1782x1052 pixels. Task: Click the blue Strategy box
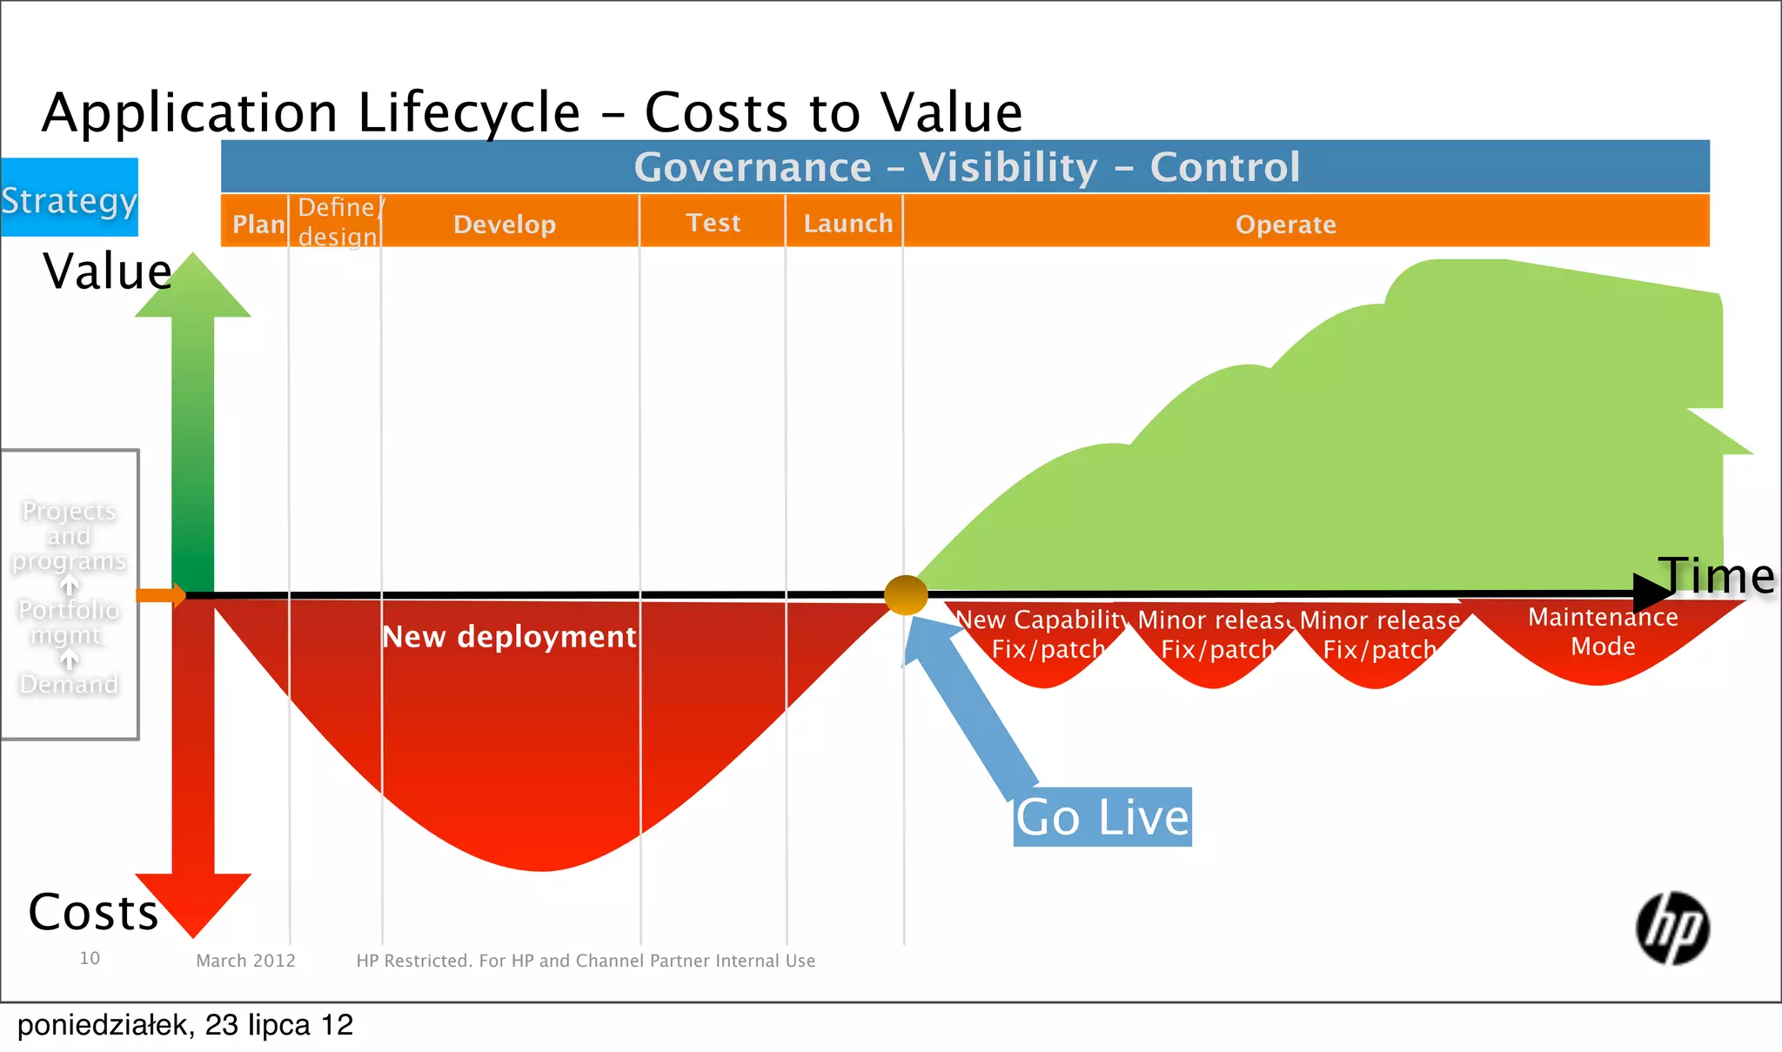coord(69,198)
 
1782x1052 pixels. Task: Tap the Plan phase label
coord(258,224)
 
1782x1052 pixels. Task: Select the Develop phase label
coord(505,224)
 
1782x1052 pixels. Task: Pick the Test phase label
coord(713,223)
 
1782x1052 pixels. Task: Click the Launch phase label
coord(847,224)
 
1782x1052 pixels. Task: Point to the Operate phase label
coord(1285,224)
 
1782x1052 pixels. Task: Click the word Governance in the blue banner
coord(753,167)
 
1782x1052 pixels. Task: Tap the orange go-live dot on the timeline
coord(906,595)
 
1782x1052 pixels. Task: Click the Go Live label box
coord(1102,817)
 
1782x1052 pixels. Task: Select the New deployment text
coord(510,637)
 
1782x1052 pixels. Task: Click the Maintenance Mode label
coord(1603,632)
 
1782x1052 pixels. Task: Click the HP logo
coord(1671,928)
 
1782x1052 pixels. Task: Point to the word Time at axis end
coord(1717,576)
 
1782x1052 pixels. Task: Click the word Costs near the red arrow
coord(94,912)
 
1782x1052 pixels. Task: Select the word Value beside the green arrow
coord(107,271)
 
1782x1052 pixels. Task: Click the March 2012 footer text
coord(245,961)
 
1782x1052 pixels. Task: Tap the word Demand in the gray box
coord(69,685)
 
